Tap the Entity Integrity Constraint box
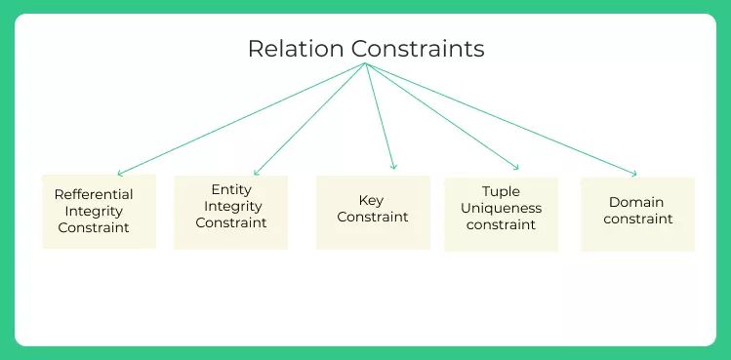tap(230, 212)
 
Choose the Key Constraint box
tap(373, 212)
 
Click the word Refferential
tap(94, 194)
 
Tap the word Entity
tap(231, 189)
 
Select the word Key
tap(371, 200)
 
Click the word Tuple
tap(502, 191)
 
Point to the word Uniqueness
tap(502, 208)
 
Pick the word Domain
tap(636, 202)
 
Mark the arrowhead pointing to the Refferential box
tap(118, 174)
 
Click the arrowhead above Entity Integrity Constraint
tap(255, 174)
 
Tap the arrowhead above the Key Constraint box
tap(394, 168)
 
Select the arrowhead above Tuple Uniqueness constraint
tap(517, 168)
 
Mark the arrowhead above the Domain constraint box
tap(634, 174)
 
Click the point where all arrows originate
tap(365, 64)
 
